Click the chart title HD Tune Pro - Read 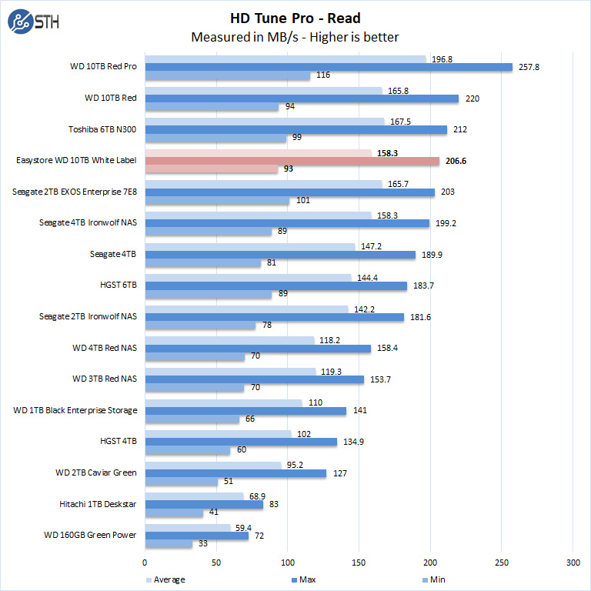coord(295,18)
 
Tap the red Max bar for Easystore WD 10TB coord(292,161)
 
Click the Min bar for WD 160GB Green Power coord(169,544)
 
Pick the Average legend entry coord(166,579)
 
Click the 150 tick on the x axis coord(359,563)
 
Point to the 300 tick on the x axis coord(573,563)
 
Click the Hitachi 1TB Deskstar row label coord(98,504)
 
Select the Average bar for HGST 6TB coord(248,277)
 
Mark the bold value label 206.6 coord(456,161)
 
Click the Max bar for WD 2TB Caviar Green coord(235,473)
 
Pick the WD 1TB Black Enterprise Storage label coord(75,410)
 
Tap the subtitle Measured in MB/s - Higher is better coord(295,37)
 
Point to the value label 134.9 coord(354,442)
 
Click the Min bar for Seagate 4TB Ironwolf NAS coord(209,231)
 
